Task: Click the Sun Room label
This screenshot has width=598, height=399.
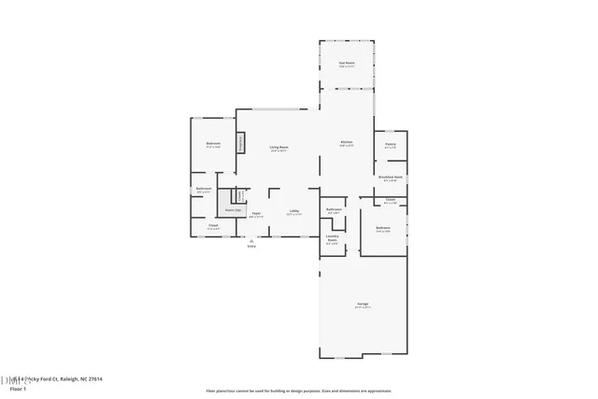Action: click(346, 63)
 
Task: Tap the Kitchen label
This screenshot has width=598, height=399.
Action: click(346, 142)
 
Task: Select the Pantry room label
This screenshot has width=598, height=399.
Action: click(391, 145)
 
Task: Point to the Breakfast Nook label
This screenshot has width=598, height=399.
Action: click(391, 177)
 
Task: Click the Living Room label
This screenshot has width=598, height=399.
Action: click(278, 148)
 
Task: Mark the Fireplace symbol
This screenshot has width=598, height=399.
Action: click(240, 143)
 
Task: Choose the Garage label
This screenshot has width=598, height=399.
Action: click(362, 305)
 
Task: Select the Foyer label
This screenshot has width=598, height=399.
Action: click(255, 214)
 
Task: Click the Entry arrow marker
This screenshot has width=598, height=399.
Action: click(250, 239)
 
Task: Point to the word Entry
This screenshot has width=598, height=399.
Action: click(250, 246)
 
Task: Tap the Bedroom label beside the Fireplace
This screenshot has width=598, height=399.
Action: click(213, 144)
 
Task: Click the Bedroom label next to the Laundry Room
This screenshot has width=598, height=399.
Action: click(383, 228)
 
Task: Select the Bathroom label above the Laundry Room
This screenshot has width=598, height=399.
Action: click(333, 209)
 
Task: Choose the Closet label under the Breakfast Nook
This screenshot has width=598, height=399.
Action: click(390, 201)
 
